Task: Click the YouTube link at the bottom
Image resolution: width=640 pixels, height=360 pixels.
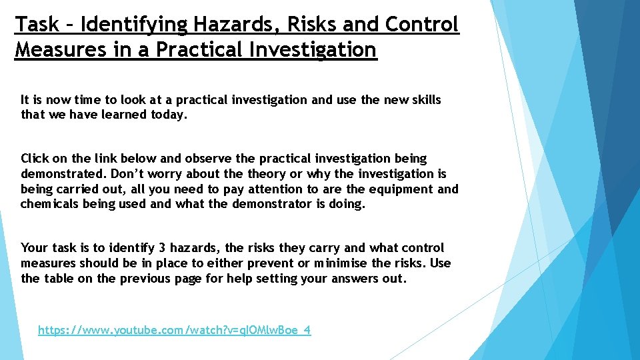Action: [x=174, y=330]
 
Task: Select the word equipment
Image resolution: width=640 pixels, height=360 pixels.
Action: [x=400, y=189]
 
